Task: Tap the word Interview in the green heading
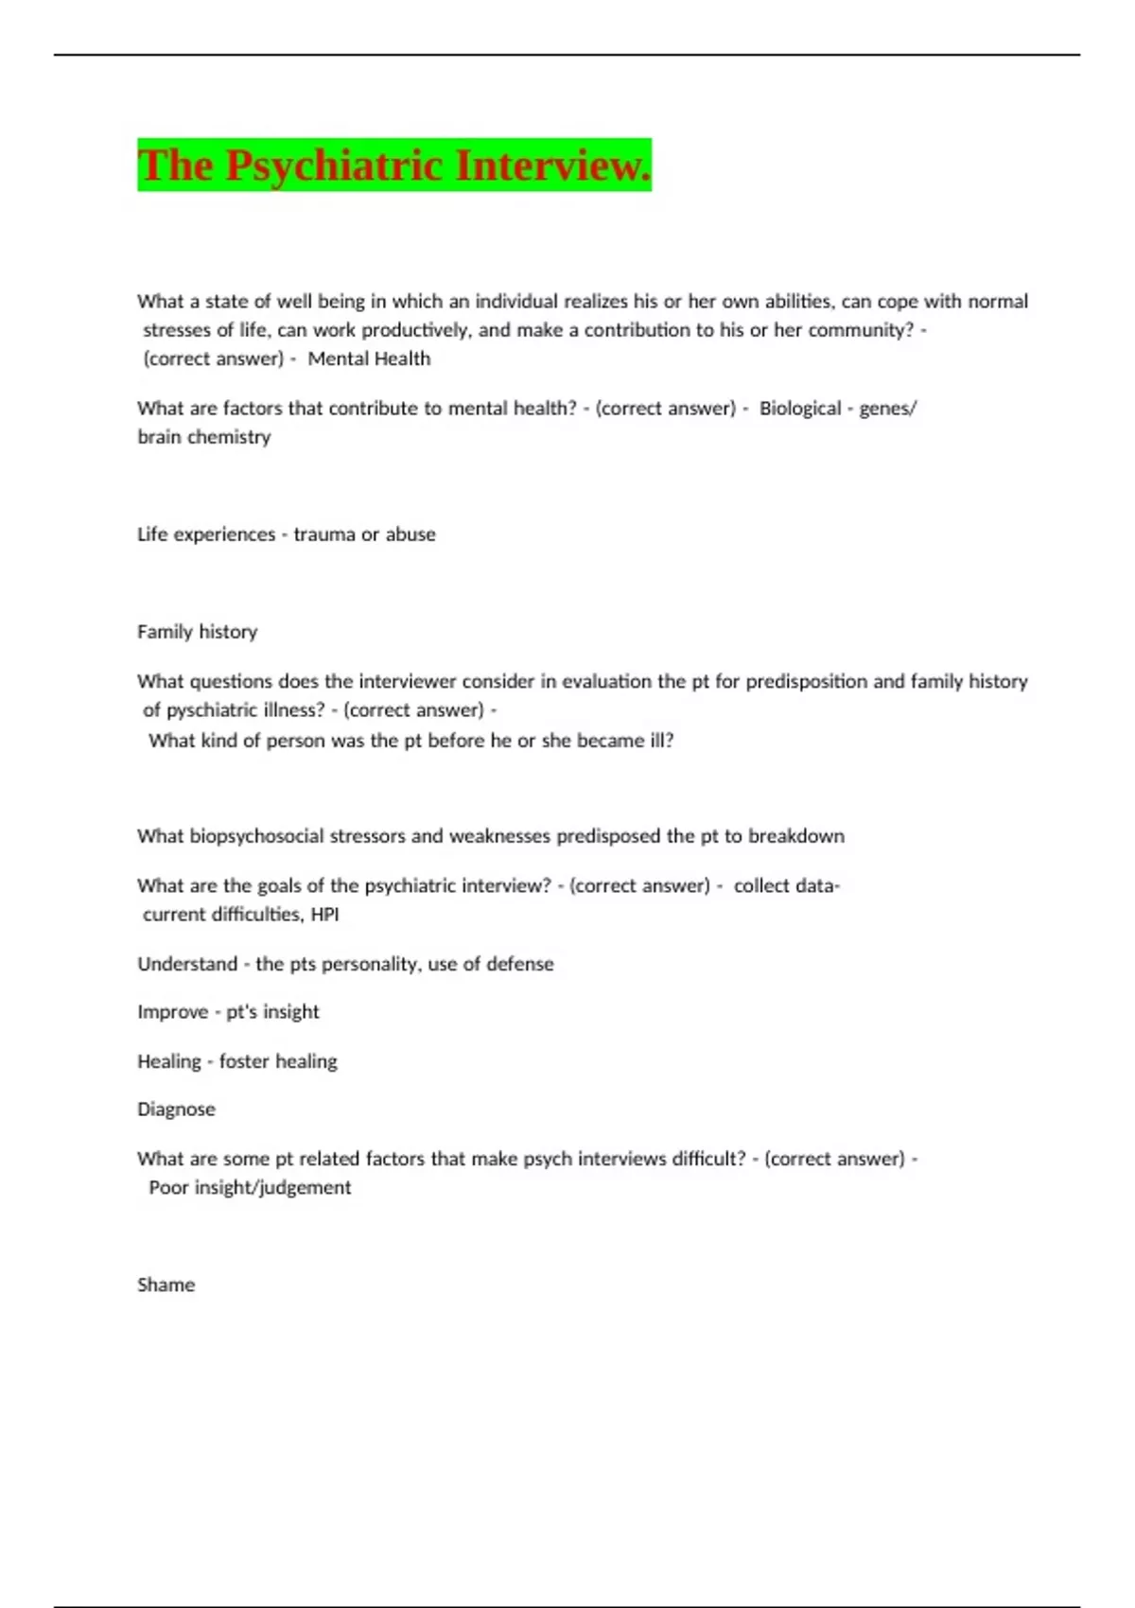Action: click(553, 166)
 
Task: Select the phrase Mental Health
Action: click(369, 359)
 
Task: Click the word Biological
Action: click(800, 409)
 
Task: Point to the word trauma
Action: click(324, 534)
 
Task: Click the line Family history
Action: click(197, 632)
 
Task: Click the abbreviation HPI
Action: click(324, 915)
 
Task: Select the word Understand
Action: click(187, 964)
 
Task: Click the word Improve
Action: click(172, 1012)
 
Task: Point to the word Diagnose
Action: click(176, 1110)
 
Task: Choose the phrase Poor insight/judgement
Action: click(250, 1188)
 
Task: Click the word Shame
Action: click(166, 1285)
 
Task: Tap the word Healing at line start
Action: click(169, 1061)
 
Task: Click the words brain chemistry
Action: click(204, 437)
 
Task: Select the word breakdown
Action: click(796, 836)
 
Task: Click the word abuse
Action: click(410, 534)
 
